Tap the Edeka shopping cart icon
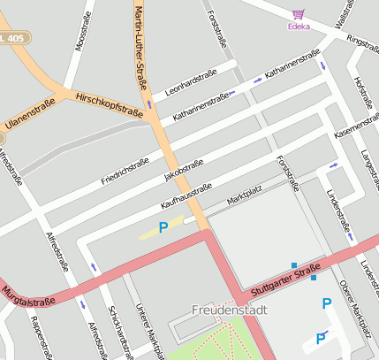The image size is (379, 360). coord(299,14)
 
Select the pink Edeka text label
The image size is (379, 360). coord(299,27)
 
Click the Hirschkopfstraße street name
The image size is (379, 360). coord(110,103)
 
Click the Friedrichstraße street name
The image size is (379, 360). coord(125,167)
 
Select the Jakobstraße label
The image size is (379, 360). coord(184,170)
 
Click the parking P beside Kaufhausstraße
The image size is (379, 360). coord(163,228)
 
